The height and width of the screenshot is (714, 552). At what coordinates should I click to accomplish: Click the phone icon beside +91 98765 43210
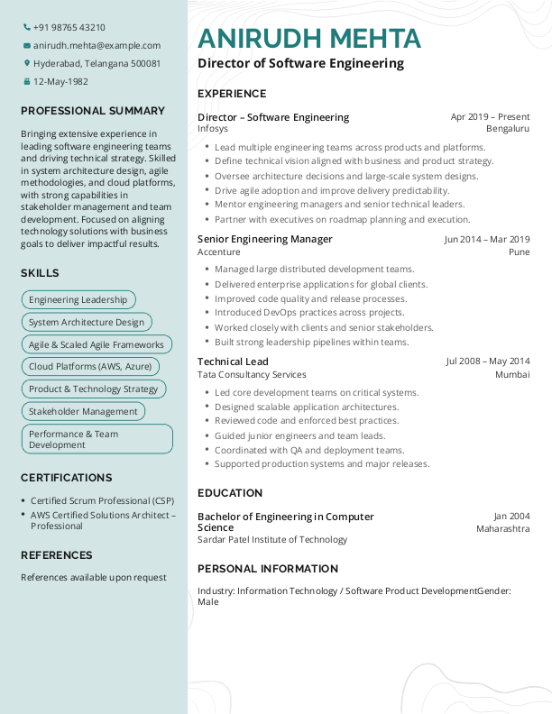coord(26,27)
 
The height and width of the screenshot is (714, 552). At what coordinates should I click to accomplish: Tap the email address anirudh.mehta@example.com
coord(97,45)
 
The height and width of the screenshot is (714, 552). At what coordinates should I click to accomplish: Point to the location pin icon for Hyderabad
coord(26,63)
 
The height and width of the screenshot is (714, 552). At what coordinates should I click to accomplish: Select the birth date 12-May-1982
coord(60,81)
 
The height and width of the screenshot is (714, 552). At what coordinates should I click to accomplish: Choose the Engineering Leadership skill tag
coord(78,299)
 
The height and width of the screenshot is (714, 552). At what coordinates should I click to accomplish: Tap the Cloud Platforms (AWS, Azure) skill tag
coord(90,367)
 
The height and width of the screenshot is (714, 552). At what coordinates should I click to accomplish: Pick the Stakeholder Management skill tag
coord(83,411)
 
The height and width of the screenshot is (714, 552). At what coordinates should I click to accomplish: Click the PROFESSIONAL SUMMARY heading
coord(93,111)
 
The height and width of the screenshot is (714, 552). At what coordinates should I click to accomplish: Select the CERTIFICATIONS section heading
coord(67,478)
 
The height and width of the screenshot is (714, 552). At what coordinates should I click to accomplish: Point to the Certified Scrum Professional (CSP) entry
coord(102,500)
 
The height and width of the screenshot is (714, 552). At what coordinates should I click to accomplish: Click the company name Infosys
coord(213,129)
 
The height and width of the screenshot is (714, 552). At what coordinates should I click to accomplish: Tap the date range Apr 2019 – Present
coord(490,117)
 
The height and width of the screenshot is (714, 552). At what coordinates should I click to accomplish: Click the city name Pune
coord(519,252)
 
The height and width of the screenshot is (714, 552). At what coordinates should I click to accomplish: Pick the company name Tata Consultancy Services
coord(252,374)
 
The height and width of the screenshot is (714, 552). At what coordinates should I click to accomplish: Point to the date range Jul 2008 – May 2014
coord(488,362)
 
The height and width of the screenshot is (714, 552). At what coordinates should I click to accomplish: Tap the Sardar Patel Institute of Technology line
coord(272,539)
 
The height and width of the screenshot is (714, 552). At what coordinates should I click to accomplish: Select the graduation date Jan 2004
coord(511,517)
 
